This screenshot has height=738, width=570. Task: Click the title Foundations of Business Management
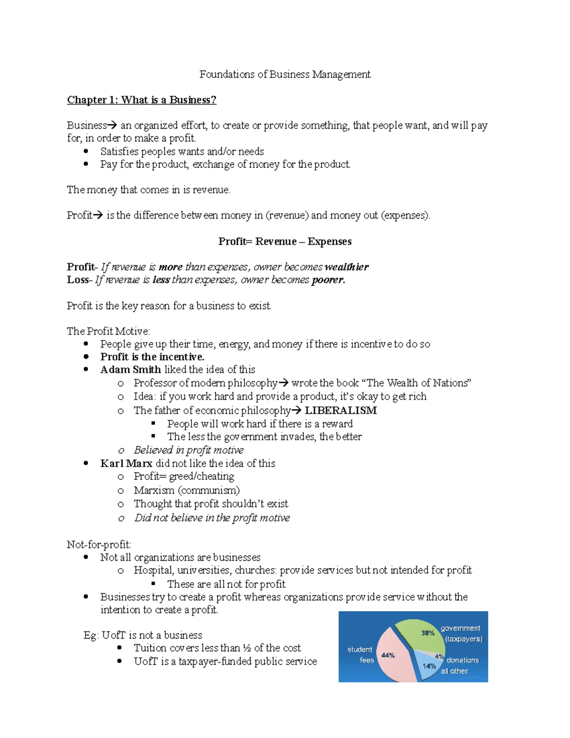point(285,74)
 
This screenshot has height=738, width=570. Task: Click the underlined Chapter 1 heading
point(142,100)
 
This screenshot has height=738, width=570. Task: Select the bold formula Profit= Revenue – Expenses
point(285,241)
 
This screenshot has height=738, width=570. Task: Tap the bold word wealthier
point(346,267)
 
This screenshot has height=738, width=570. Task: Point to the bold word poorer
point(327,280)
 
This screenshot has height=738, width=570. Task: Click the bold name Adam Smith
point(130,370)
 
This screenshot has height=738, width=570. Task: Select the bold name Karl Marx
point(126,463)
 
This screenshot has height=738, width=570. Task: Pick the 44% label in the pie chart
point(388,655)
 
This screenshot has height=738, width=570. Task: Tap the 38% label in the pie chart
point(427,633)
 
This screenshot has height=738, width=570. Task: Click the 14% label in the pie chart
point(429,666)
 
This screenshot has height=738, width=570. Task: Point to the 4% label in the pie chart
point(439,657)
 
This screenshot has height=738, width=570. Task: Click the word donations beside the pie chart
point(463,660)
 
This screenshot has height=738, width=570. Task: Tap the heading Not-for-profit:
point(99,545)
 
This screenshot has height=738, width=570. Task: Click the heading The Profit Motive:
point(108,331)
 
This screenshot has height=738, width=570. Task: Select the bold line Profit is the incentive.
point(152,357)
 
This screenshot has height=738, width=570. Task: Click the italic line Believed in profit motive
point(188,450)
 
